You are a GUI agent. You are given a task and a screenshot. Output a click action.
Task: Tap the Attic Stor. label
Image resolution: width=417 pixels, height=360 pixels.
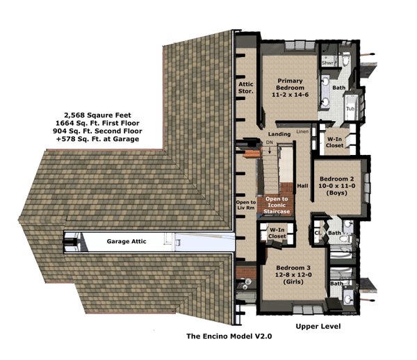pyautogui.click(x=245, y=88)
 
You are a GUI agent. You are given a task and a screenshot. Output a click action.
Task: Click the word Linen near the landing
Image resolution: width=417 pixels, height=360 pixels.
pyautogui.click(x=302, y=131)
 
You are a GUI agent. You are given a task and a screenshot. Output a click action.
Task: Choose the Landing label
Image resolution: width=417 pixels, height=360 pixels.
pyautogui.click(x=279, y=133)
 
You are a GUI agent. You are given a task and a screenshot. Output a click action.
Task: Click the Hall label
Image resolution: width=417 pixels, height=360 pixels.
pyautogui.click(x=302, y=186)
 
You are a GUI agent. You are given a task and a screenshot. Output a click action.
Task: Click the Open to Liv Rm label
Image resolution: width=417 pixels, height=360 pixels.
pyautogui.click(x=246, y=207)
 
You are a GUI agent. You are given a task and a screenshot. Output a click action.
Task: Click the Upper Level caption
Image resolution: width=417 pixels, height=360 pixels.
pyautogui.click(x=318, y=325)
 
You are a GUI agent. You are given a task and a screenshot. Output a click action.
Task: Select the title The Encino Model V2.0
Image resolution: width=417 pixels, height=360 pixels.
pyautogui.click(x=229, y=336)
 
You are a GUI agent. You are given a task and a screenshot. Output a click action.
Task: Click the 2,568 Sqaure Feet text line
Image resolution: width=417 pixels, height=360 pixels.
pyautogui.click(x=101, y=115)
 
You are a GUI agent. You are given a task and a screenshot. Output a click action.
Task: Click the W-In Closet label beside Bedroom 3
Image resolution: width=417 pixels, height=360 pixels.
pyautogui.click(x=278, y=234)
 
